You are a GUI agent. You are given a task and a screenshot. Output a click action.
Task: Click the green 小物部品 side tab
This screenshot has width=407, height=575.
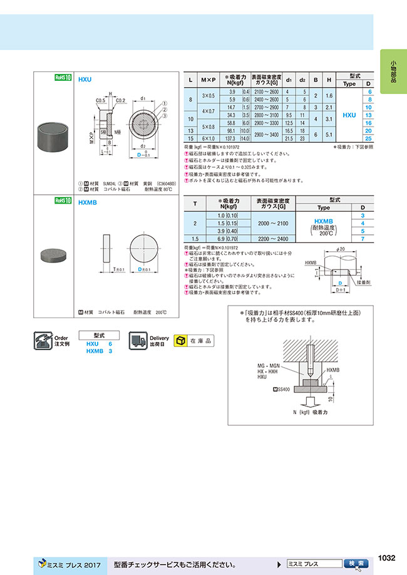click(393, 71)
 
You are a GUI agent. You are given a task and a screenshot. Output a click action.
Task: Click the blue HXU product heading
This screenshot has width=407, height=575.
click(85, 80)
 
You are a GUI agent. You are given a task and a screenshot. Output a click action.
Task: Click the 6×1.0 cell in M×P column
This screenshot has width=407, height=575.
click(208, 138)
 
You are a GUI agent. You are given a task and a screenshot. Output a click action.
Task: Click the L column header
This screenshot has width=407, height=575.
click(190, 80)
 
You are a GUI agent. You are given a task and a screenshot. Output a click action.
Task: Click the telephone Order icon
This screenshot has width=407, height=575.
click(43, 341)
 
